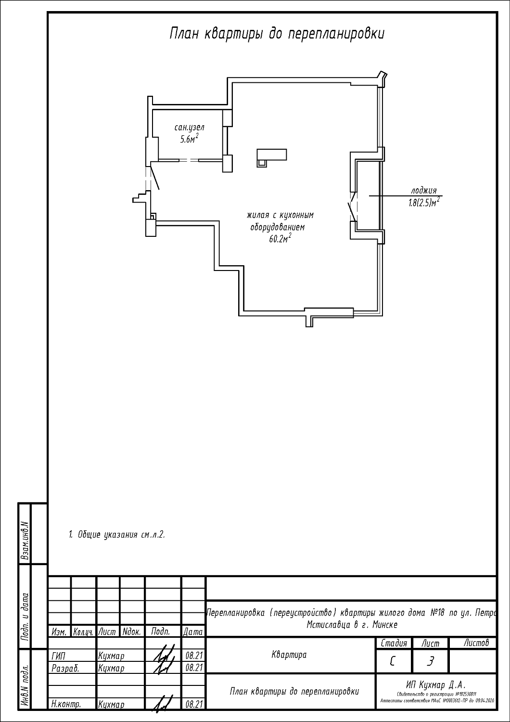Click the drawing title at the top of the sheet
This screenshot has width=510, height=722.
click(277, 34)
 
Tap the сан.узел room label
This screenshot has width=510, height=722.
click(189, 128)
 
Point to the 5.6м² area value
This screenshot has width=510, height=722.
click(189, 139)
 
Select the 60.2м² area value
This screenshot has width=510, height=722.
click(280, 239)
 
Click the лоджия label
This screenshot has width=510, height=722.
click(423, 190)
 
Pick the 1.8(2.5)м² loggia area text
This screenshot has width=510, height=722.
click(423, 203)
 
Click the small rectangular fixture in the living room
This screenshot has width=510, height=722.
click(271, 157)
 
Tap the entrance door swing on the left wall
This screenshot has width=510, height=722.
click(155, 178)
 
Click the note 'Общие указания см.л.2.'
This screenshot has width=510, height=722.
click(117, 535)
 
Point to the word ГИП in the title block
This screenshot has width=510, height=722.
click(58, 656)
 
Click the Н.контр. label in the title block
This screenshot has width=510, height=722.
click(66, 704)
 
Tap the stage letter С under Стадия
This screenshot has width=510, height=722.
click(392, 661)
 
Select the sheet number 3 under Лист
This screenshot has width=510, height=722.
click(430, 662)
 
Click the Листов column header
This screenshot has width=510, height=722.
click(476, 643)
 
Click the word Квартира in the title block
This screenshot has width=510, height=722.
click(289, 655)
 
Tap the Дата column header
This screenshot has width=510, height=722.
click(193, 632)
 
